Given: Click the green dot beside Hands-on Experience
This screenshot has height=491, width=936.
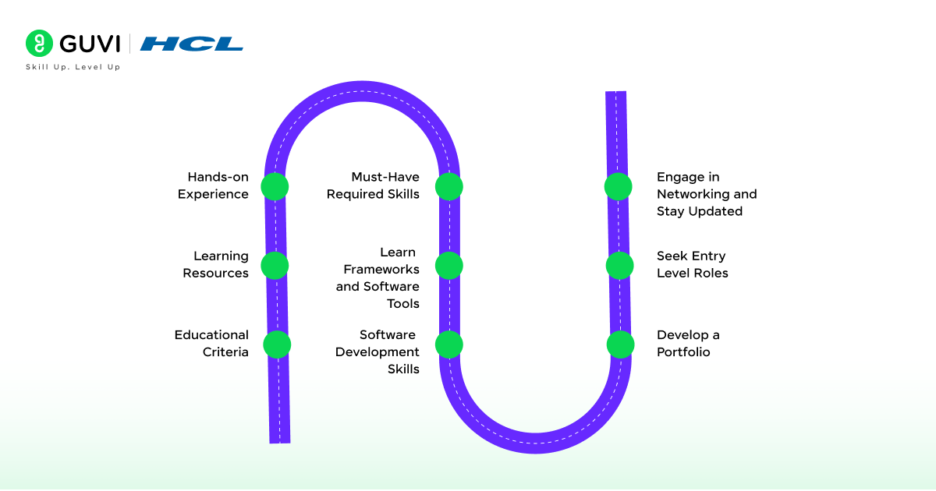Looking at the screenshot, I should click(x=275, y=186).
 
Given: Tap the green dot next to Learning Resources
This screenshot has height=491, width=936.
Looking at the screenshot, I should click(x=275, y=265).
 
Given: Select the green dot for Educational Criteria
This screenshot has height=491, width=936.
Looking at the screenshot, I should click(x=277, y=344).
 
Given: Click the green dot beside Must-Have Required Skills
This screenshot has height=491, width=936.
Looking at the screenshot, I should click(x=449, y=186).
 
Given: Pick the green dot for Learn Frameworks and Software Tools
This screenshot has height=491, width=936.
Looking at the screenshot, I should click(x=449, y=265).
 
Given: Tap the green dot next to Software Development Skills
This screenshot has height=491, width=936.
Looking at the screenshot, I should click(x=449, y=344).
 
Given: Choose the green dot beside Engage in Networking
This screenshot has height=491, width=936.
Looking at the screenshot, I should click(x=619, y=186).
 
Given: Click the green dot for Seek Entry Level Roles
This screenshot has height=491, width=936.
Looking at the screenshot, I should click(x=620, y=265).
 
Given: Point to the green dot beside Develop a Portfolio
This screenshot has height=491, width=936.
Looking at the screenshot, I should click(x=621, y=344).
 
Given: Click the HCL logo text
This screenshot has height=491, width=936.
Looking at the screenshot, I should click(x=192, y=44).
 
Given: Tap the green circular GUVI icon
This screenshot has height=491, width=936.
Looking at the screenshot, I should click(x=38, y=44).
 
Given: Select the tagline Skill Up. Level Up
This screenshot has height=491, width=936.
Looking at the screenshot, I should click(x=73, y=67).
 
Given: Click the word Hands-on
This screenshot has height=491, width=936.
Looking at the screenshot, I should click(x=218, y=177).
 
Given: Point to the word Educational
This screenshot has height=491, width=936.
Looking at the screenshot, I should click(x=211, y=335).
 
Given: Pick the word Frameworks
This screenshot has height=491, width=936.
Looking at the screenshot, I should click(x=381, y=269).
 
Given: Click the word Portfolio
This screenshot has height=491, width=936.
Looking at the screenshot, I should click(x=683, y=352).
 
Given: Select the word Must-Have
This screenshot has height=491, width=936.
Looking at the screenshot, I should click(x=385, y=177).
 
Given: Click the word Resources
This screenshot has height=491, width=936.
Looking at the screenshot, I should click(x=216, y=274).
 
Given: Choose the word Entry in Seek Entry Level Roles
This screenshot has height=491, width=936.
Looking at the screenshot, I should click(x=708, y=256).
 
